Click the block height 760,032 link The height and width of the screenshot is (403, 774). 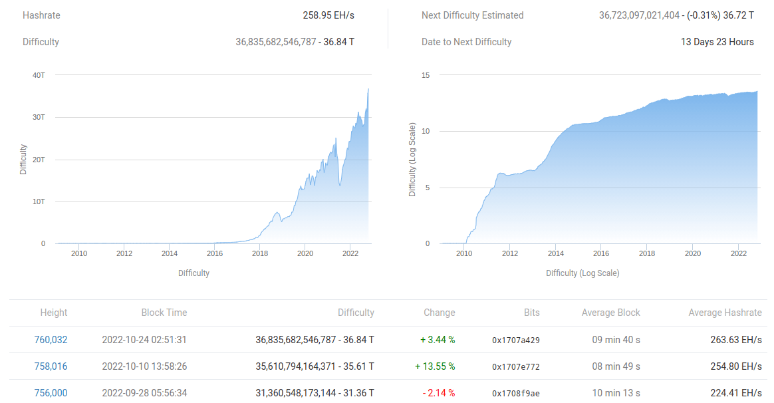[x=51, y=340]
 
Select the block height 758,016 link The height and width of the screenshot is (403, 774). [x=51, y=366]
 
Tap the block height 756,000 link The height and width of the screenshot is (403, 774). [x=51, y=393]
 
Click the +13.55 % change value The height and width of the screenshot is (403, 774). [x=435, y=366]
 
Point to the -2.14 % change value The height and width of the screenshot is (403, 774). [x=439, y=393]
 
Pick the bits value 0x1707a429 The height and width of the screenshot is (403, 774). [x=516, y=340]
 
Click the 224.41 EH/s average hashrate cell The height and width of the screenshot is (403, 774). [x=736, y=393]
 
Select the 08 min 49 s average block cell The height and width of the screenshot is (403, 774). [x=616, y=366]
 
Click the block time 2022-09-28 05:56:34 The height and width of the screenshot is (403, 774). [x=144, y=393]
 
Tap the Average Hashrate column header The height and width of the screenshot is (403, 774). [x=725, y=313]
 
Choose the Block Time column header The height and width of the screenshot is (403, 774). [x=164, y=313]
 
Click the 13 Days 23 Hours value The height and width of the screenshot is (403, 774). [x=717, y=42]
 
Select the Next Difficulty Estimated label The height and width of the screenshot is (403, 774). [x=473, y=15]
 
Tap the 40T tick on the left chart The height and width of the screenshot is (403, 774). [x=39, y=75]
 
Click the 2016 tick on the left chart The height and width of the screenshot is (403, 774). [x=215, y=253]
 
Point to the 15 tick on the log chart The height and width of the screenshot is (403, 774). [x=426, y=75]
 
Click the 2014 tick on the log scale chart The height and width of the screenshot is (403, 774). [x=555, y=253]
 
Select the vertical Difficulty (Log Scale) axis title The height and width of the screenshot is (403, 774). [x=412, y=160]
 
